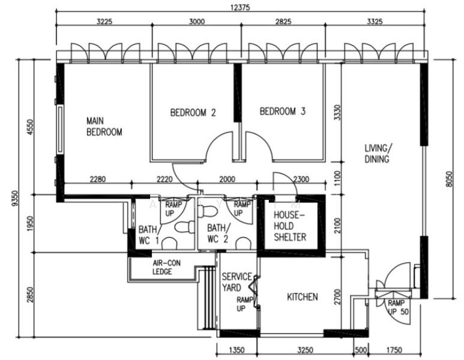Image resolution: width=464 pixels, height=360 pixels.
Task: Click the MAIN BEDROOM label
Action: click(104, 126)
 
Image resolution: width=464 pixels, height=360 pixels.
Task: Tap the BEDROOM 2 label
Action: click(193, 112)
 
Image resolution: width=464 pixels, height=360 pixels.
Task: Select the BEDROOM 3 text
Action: click(283, 111)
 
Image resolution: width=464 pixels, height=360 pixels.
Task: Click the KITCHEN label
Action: click(302, 297)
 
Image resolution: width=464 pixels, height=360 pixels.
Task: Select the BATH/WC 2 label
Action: click(218, 233)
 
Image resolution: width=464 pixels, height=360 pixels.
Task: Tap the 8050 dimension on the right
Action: click(450, 178)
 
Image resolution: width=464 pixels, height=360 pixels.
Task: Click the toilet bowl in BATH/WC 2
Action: click(207, 212)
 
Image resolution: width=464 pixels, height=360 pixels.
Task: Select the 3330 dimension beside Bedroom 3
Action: click(337, 112)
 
